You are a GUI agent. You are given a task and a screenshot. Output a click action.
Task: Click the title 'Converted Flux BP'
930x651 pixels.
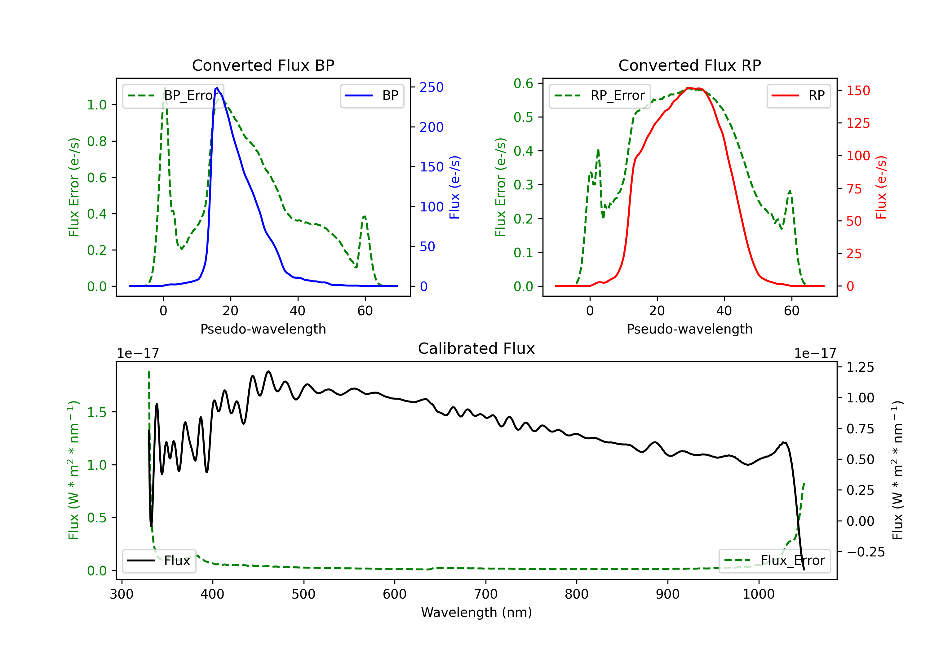click(x=263, y=65)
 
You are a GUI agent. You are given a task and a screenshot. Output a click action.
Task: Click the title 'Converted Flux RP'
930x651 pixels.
click(x=689, y=65)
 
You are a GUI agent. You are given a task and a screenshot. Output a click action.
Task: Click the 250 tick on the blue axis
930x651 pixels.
click(x=432, y=87)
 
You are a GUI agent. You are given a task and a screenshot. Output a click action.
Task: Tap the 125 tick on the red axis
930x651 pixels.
click(x=858, y=123)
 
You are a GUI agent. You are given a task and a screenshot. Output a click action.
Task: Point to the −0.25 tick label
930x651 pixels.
click(x=866, y=552)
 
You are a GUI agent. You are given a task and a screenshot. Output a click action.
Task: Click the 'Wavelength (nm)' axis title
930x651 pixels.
click(x=476, y=612)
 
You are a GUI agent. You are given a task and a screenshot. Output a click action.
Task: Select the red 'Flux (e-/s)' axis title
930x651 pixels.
click(x=881, y=187)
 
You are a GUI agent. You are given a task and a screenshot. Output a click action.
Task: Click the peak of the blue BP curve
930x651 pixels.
click(x=217, y=88)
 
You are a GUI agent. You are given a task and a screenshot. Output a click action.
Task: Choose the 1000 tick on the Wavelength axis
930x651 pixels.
click(x=758, y=594)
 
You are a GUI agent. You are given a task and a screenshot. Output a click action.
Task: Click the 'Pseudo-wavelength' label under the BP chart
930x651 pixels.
click(x=263, y=329)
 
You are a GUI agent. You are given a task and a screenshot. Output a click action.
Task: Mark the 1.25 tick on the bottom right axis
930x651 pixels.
click(x=860, y=367)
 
